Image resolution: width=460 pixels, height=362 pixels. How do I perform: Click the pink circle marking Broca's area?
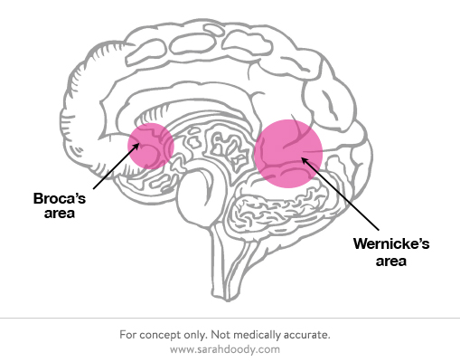[151, 146]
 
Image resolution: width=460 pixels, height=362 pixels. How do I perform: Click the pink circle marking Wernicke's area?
[288, 154]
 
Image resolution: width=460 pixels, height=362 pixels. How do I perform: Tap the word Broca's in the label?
[60, 198]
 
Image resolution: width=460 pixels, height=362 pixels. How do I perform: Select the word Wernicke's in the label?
[391, 243]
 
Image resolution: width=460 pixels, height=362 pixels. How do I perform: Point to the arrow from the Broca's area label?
[117, 166]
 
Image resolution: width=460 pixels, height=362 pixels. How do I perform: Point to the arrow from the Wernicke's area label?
[340, 194]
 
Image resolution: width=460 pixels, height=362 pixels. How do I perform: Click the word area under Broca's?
[60, 214]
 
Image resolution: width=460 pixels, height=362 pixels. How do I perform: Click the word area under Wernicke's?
[391, 261]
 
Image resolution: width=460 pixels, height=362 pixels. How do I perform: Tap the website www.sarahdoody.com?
[225, 349]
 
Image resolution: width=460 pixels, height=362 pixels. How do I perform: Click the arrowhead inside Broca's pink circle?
[136, 147]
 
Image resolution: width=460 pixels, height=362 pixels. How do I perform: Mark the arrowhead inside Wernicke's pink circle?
[305, 160]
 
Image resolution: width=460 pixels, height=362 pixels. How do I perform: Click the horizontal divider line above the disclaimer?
[230, 318]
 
